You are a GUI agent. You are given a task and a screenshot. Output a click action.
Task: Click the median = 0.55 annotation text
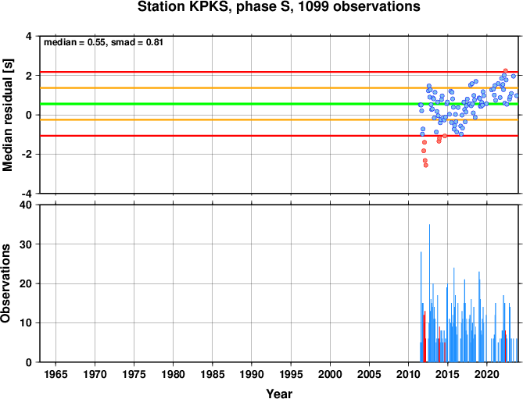[x=75, y=43]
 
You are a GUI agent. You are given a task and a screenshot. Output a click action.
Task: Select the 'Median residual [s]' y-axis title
[x=7, y=115]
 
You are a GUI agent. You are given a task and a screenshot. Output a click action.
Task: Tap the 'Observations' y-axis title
[x=5, y=283]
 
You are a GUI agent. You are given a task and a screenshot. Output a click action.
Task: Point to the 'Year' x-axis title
[x=279, y=394]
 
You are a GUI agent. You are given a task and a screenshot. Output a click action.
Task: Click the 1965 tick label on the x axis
[x=56, y=374]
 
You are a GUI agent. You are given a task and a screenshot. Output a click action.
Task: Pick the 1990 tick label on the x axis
[x=252, y=374]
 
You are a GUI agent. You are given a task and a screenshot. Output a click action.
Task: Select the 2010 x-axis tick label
[x=408, y=374]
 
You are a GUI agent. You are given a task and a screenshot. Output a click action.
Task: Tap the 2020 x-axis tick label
[x=486, y=374]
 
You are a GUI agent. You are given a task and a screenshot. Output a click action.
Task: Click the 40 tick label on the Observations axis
[x=28, y=205]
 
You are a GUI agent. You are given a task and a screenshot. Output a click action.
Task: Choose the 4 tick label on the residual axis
[x=29, y=36]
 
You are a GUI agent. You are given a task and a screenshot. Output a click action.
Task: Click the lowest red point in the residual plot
[x=425, y=166]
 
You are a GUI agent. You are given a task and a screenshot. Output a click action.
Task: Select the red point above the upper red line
[x=505, y=70]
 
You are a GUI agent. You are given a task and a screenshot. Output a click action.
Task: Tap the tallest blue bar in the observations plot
[x=429, y=293]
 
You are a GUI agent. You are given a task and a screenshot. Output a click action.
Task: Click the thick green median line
[x=279, y=104]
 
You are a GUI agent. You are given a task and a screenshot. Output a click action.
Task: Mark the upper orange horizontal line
[x=279, y=88]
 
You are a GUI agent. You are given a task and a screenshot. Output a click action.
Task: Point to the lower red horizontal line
[x=279, y=136]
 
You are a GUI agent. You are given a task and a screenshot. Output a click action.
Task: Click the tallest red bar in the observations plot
[x=424, y=337]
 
